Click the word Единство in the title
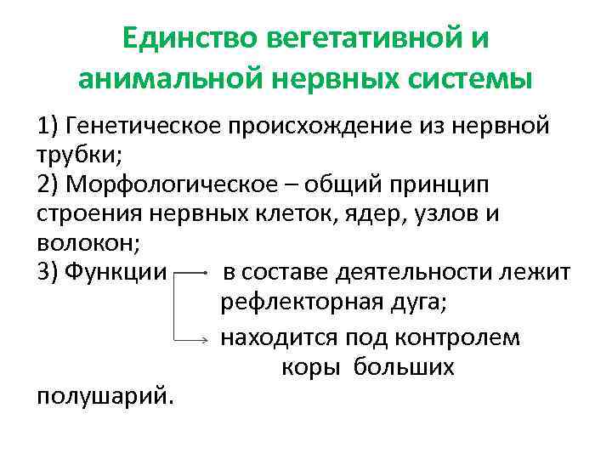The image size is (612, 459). click(188, 40)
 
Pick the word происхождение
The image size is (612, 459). click(330, 127)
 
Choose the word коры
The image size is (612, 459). click(309, 367)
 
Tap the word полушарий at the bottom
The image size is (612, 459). click(102, 395)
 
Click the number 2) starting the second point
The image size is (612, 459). click(50, 184)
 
